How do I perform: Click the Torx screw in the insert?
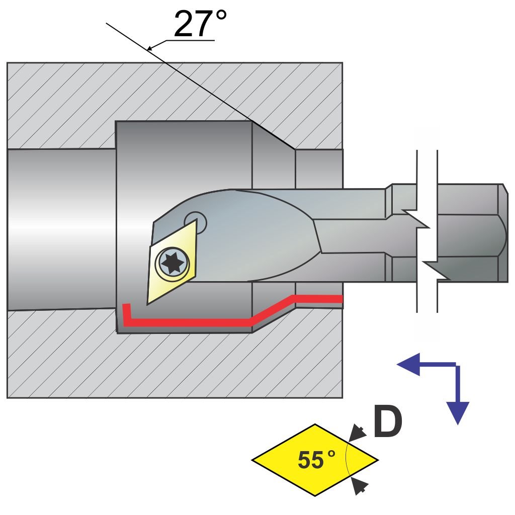pos(171,262)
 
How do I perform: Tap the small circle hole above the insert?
pos(195,221)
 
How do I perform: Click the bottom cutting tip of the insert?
pos(148,303)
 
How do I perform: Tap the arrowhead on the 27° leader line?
pos(150,48)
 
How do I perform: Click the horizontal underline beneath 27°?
pos(186,41)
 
